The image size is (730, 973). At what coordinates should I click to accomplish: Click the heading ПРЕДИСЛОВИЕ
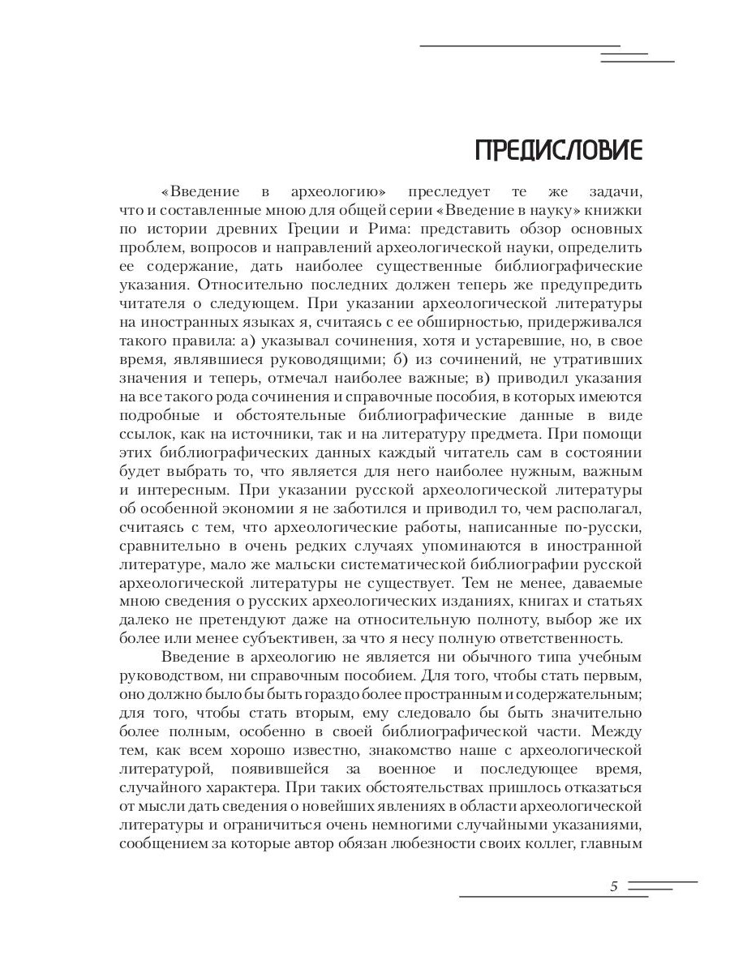pos(558,151)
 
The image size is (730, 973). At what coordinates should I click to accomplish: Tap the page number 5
pos(614,886)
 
